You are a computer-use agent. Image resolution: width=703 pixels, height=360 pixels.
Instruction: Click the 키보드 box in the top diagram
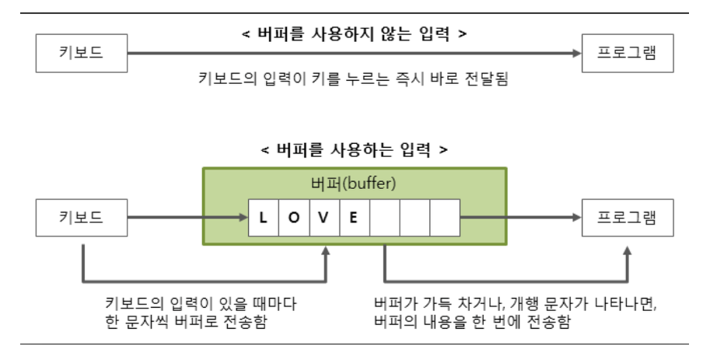(x=81, y=54)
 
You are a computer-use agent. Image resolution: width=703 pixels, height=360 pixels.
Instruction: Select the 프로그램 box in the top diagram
(x=627, y=54)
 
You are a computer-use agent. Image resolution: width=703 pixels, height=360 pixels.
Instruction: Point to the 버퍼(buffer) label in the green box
(x=354, y=184)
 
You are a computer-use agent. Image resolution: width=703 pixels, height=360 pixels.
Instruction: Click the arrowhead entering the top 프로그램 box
(x=576, y=54)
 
